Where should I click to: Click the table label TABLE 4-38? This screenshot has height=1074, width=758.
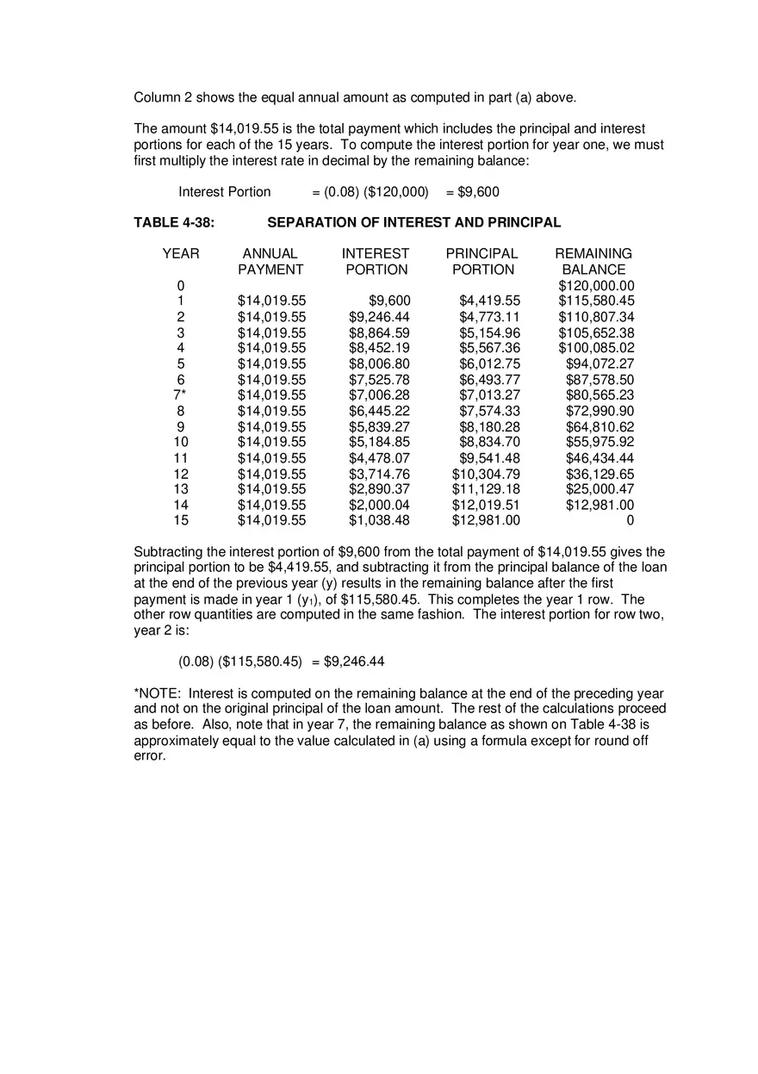(174, 222)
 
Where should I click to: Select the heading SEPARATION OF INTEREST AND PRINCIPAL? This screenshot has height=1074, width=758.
(413, 222)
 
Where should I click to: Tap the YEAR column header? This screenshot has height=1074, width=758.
(181, 253)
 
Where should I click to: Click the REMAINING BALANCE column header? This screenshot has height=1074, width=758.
(593, 261)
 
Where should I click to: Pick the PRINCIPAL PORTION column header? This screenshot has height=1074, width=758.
(482, 261)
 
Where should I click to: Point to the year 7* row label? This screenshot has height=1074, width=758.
(180, 395)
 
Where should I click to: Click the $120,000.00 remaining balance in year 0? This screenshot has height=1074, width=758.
(596, 286)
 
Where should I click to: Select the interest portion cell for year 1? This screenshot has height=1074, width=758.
(389, 301)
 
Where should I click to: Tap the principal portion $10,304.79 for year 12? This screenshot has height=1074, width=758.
(486, 474)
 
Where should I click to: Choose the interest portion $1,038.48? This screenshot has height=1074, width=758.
(379, 520)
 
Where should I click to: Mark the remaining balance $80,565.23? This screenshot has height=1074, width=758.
(600, 395)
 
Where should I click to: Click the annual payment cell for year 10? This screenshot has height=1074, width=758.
(271, 442)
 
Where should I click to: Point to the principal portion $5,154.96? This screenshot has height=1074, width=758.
(489, 332)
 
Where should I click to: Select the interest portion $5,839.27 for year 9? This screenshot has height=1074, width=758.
(379, 426)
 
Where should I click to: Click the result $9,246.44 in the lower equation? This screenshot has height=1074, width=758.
(354, 661)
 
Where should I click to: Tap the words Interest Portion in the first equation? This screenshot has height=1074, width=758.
(225, 191)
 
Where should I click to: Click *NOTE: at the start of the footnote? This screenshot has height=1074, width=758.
(158, 693)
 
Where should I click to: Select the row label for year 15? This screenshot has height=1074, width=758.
(181, 520)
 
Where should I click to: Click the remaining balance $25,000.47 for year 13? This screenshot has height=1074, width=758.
(600, 489)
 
